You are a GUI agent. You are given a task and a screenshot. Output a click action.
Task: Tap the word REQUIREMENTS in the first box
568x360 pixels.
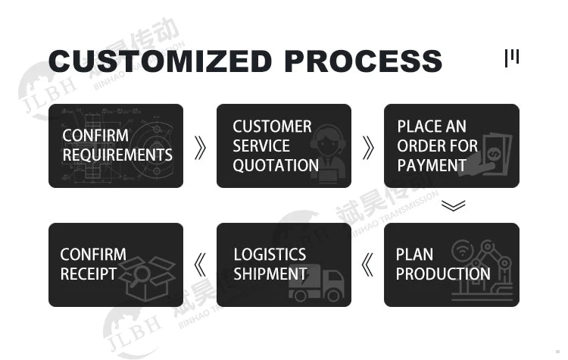(x=117, y=155)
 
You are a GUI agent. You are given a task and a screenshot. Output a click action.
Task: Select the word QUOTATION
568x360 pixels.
(x=276, y=165)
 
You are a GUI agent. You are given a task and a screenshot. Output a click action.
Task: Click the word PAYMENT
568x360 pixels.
(x=432, y=165)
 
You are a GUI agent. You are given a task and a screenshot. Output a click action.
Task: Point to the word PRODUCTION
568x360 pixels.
(x=443, y=274)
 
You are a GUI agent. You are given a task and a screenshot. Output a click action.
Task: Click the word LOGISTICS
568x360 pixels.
(x=270, y=255)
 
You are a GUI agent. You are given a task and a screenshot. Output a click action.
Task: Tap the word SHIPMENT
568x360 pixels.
(x=270, y=274)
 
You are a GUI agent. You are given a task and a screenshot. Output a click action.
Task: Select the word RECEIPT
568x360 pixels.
(x=89, y=274)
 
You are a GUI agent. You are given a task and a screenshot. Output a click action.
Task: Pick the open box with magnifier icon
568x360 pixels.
(x=151, y=273)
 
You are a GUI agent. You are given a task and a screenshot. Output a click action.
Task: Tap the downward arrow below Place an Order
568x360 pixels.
(x=452, y=205)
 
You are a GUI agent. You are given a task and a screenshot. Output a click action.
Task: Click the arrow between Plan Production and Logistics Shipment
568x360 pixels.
(x=368, y=265)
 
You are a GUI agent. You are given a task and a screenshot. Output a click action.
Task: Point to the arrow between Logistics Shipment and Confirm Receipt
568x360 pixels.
(x=200, y=265)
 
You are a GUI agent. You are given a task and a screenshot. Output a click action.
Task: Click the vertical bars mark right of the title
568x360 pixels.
(x=512, y=58)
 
